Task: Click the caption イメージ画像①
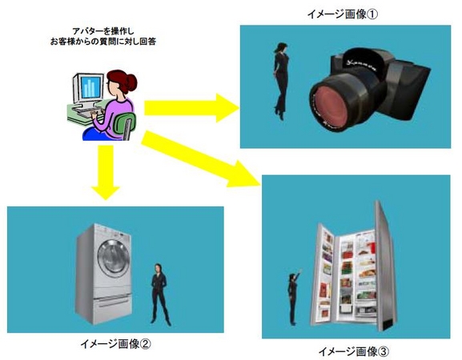pyautogui.click(x=342, y=14)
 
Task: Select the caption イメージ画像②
pyautogui.click(x=115, y=344)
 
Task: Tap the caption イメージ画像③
pyautogui.click(x=354, y=351)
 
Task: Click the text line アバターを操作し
pyautogui.click(x=102, y=31)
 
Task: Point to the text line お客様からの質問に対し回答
pyautogui.click(x=102, y=42)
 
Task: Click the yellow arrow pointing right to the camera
pyautogui.click(x=191, y=108)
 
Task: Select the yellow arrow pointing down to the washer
pyautogui.click(x=105, y=173)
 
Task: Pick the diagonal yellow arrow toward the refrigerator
pyautogui.click(x=200, y=159)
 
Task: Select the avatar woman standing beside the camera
pyautogui.click(x=281, y=81)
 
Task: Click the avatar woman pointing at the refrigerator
pyautogui.click(x=294, y=298)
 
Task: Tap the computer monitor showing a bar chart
pyautogui.click(x=89, y=88)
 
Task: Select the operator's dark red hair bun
pyautogui.click(x=131, y=82)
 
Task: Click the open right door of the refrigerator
pyautogui.click(x=385, y=265)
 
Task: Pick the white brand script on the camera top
pyautogui.click(x=362, y=66)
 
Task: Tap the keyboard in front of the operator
pyautogui.click(x=88, y=112)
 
